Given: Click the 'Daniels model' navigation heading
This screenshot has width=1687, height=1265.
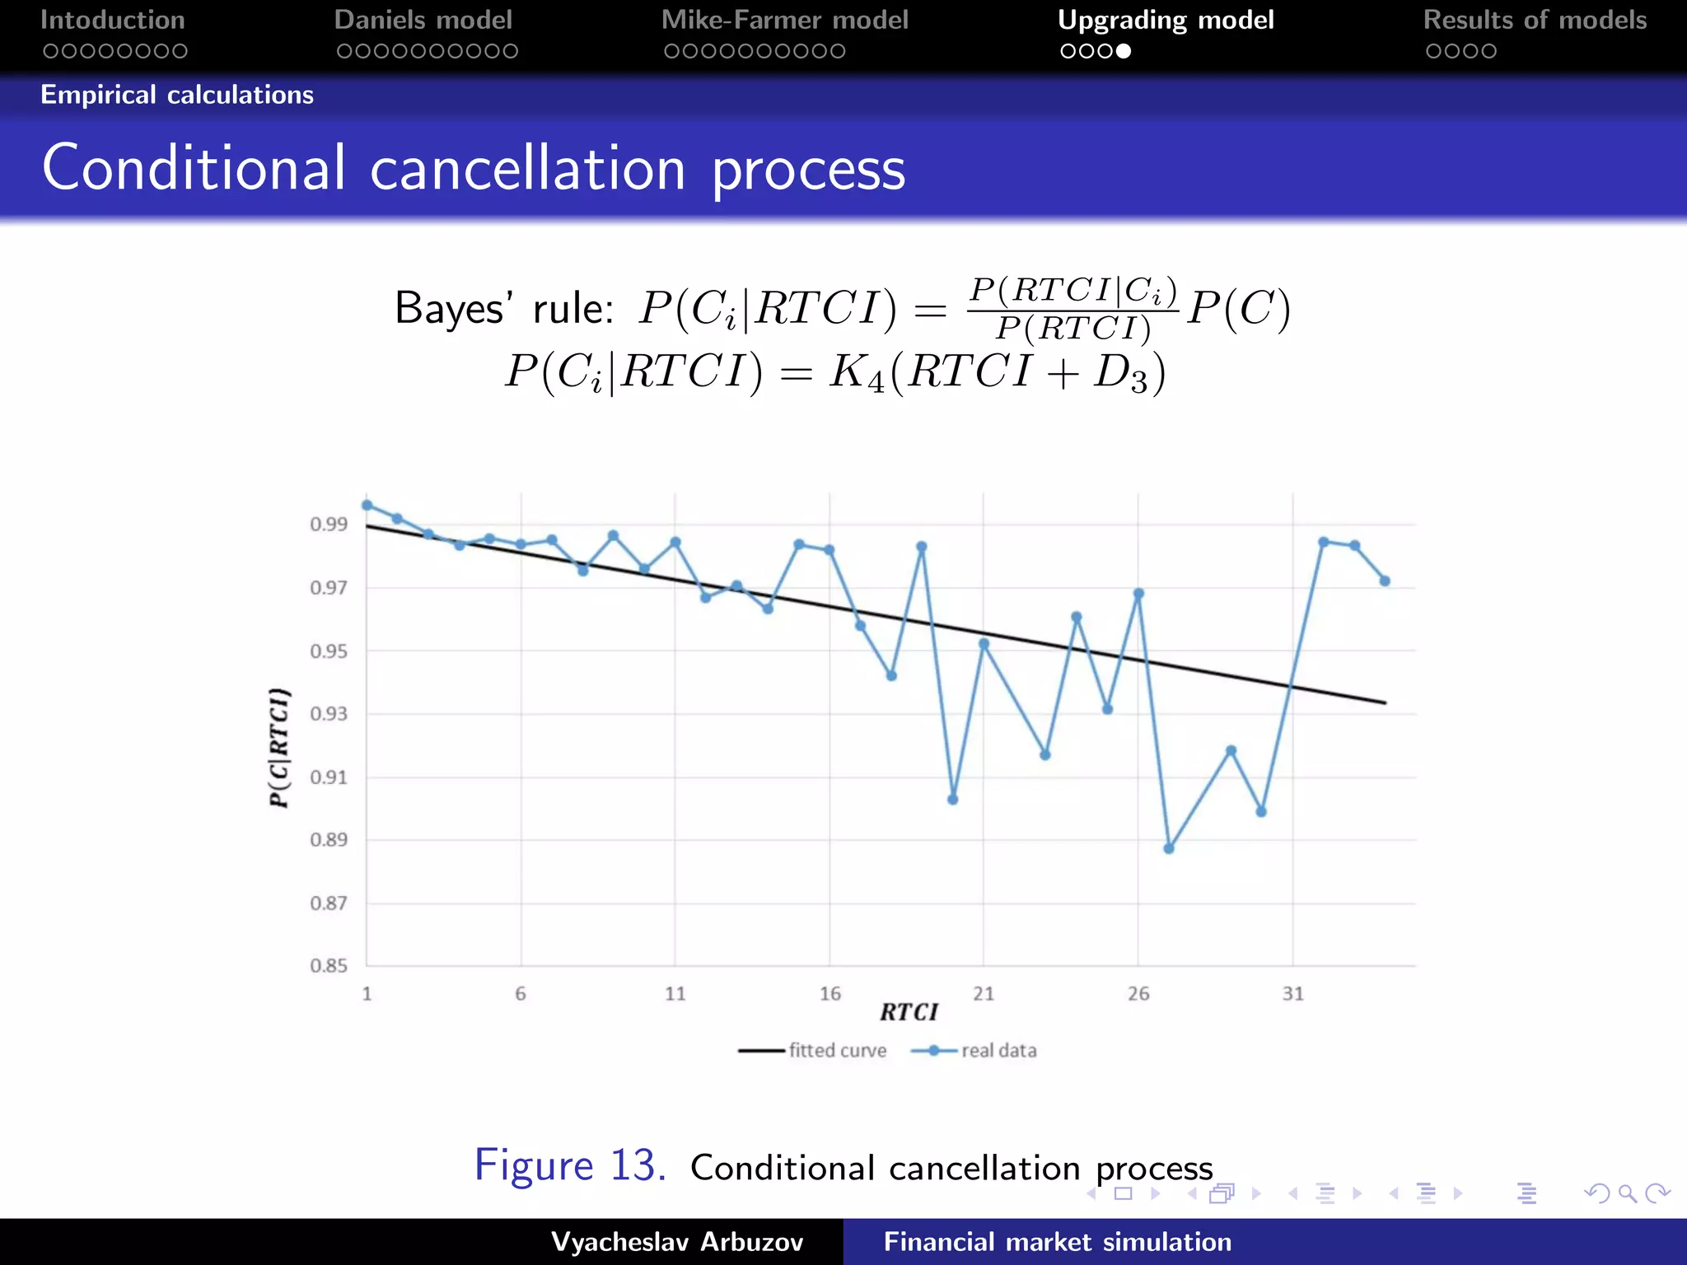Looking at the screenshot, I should [x=423, y=20].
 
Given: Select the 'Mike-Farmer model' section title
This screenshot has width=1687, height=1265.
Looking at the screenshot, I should [x=784, y=20].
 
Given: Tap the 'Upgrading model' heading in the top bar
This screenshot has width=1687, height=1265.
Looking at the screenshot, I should [x=1165, y=20].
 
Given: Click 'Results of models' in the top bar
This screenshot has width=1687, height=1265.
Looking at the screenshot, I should [x=1535, y=20].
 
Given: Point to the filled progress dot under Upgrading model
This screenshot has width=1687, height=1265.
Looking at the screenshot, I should [x=1124, y=51].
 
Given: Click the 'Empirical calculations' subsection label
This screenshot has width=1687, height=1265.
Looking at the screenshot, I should [x=177, y=95].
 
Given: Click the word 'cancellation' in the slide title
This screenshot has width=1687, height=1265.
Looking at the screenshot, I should [x=527, y=169].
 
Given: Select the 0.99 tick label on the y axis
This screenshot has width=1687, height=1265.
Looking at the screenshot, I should [x=328, y=525].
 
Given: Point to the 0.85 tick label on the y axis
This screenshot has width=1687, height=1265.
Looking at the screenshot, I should [x=328, y=966].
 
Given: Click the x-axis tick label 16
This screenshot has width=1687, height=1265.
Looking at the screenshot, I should [x=829, y=994].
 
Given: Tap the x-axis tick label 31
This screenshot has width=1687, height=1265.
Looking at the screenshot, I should [x=1292, y=994].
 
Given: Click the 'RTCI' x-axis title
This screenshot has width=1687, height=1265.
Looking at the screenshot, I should [x=909, y=1012].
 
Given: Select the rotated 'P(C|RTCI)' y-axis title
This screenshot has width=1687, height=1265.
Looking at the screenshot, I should [x=279, y=747].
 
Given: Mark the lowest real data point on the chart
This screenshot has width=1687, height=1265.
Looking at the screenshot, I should [x=1169, y=848].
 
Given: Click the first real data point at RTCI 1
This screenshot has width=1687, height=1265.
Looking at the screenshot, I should [x=367, y=506].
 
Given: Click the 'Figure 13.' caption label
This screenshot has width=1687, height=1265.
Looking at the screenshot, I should [x=570, y=1166].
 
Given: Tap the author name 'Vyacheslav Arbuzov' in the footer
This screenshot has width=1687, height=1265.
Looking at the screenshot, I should [x=676, y=1242].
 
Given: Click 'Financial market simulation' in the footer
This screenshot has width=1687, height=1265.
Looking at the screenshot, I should [x=1057, y=1242].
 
